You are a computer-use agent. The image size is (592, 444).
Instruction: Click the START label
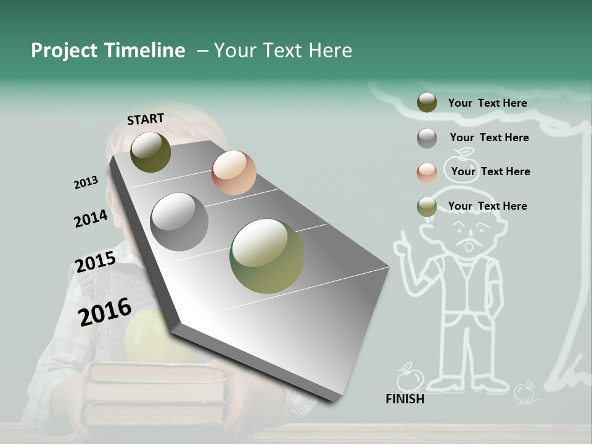tap(146, 119)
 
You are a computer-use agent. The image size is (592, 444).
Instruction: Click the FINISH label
tap(405, 399)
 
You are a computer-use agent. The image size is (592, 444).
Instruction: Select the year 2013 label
tap(86, 183)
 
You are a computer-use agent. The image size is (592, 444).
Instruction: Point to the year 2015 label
tap(95, 262)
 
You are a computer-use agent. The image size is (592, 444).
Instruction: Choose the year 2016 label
tap(105, 311)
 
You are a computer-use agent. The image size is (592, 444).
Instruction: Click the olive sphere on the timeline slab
tap(150, 152)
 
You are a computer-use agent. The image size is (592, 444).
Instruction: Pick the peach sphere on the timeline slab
tap(234, 173)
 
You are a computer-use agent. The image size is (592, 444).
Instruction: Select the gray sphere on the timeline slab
tap(179, 221)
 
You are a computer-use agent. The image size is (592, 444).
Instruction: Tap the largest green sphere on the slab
tap(267, 256)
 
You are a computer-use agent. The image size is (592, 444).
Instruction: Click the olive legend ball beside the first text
tap(427, 103)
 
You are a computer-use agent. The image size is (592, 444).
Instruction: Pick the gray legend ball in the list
tap(427, 138)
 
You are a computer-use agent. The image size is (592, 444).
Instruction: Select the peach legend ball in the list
tap(427, 173)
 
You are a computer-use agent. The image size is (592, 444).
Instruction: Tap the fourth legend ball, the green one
tap(427, 207)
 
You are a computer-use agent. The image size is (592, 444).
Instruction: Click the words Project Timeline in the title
tap(108, 51)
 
